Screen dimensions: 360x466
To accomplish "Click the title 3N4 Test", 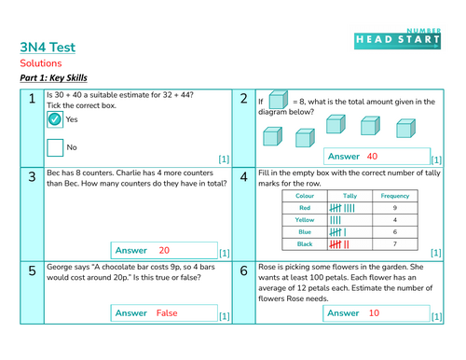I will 48,47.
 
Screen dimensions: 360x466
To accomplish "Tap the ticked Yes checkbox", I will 54,120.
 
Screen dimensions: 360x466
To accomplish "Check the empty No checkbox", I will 54,147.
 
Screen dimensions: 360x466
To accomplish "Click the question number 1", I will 31,100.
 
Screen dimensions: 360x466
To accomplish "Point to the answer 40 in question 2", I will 372,157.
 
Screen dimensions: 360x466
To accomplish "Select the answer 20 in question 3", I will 164,250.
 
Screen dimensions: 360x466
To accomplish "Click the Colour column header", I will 305,197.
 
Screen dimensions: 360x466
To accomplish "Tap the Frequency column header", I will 394,197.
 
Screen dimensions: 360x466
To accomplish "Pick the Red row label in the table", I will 305,208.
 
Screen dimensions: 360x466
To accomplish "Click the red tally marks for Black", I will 339,244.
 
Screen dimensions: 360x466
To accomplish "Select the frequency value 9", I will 394,208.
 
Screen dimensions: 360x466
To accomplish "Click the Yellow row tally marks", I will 336,220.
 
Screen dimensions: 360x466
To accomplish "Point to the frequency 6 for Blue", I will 394,232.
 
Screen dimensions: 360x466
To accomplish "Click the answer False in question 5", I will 167,313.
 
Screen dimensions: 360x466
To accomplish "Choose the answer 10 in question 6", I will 373,313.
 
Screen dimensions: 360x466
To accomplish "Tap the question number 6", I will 242,271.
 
